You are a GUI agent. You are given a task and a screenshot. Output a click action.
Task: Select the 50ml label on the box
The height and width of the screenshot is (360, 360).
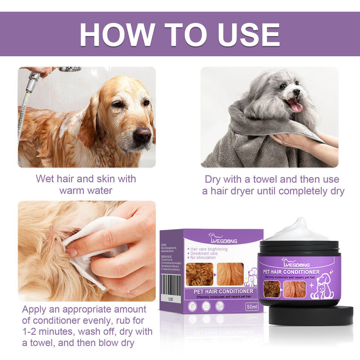point(252,307)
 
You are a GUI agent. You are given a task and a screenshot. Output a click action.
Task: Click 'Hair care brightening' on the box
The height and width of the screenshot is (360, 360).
point(209,249)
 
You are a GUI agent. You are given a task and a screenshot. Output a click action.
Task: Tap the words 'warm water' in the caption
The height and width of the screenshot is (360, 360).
point(85,190)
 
